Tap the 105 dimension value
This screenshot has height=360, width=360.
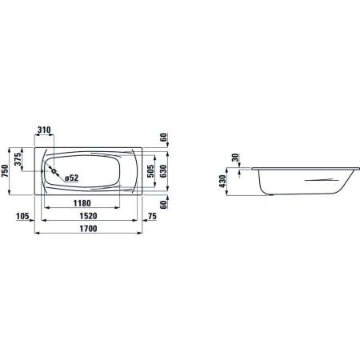point(23,216)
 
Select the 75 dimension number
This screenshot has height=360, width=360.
point(152,216)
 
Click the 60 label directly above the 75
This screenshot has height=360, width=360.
point(162,205)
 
